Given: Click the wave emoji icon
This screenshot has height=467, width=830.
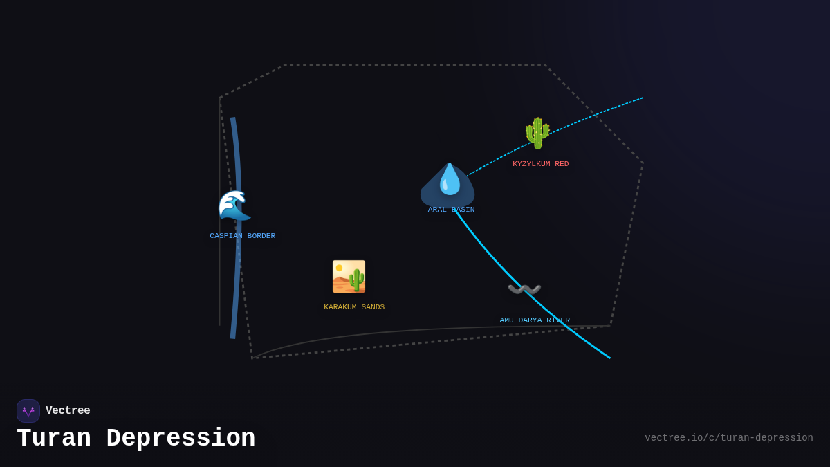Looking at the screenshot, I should point(234,205).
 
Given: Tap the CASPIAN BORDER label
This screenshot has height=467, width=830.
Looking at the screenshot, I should point(242,236).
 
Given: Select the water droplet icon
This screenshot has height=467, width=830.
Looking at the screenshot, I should point(450,179).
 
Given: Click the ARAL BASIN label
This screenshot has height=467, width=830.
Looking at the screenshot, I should point(451,210).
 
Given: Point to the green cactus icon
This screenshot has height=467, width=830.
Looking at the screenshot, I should point(537,133).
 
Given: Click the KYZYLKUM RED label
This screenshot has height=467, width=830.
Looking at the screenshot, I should point(540,164).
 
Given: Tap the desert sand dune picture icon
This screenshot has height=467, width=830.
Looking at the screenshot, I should point(349,277).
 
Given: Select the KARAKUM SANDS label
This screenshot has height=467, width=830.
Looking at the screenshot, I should point(354,307).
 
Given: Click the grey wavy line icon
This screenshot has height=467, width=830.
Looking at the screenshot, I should point(524,289).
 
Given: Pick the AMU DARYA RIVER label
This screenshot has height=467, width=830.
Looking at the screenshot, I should point(535,320).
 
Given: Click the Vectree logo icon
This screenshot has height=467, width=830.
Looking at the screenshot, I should point(28,411).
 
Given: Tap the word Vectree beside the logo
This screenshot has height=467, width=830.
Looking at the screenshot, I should point(68,411).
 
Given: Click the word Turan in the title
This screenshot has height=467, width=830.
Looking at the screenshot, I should point(54,439).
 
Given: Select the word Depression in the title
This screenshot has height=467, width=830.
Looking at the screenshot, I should point(181,439).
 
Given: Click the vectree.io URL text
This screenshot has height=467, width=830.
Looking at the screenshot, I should point(728,438).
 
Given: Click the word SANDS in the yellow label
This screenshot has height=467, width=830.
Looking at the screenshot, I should point(373,307).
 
